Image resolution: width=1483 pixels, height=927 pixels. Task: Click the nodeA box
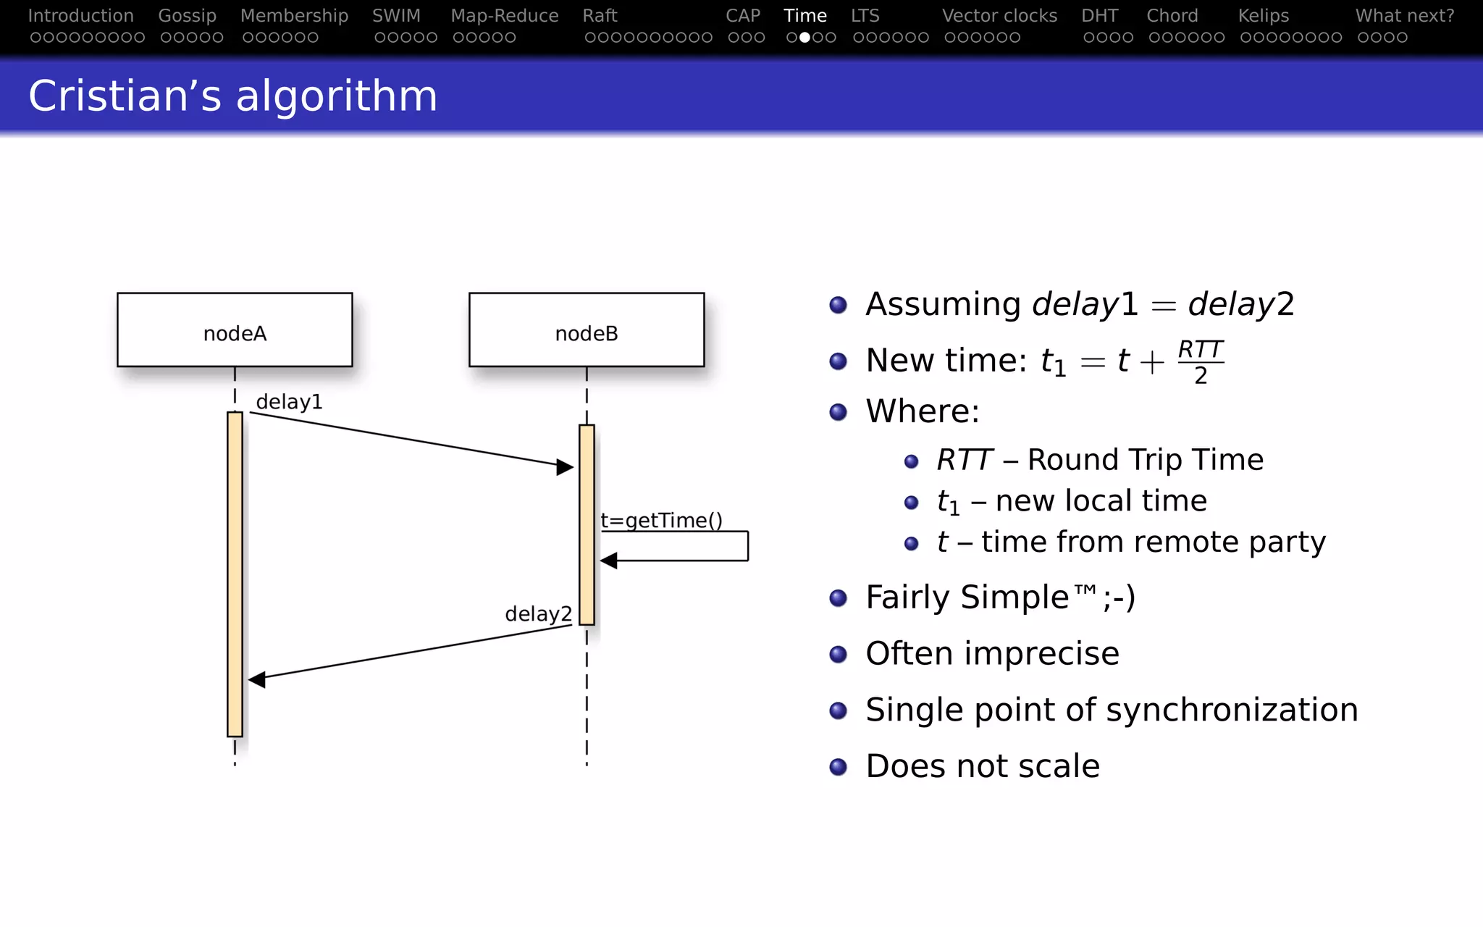coord(235,330)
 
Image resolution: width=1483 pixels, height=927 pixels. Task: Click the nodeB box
coord(587,330)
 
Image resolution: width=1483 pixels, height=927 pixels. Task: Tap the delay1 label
coord(289,402)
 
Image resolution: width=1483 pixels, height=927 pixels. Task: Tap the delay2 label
coord(538,614)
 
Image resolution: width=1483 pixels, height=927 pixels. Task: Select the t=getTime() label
coord(661,521)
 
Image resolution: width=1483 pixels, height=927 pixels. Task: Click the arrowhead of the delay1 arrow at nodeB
coord(565,467)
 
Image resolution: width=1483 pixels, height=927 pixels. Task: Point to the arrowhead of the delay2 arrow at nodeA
coord(257,679)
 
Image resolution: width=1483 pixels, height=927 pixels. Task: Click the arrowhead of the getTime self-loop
coord(609,561)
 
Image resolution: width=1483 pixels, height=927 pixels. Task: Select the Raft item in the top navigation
coord(600,16)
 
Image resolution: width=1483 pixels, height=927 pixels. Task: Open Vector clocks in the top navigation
coord(999,16)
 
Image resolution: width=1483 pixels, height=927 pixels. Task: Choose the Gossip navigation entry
coord(187,16)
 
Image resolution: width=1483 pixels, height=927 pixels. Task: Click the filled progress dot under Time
coord(804,38)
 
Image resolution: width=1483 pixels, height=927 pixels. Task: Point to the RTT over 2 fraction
coord(1200,362)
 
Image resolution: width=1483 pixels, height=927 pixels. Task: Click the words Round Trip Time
coord(1145,460)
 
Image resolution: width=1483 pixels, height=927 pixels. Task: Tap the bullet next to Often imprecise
coord(838,655)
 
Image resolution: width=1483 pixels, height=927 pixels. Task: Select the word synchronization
coord(1232,710)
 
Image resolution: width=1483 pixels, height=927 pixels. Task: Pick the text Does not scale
coord(982,766)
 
